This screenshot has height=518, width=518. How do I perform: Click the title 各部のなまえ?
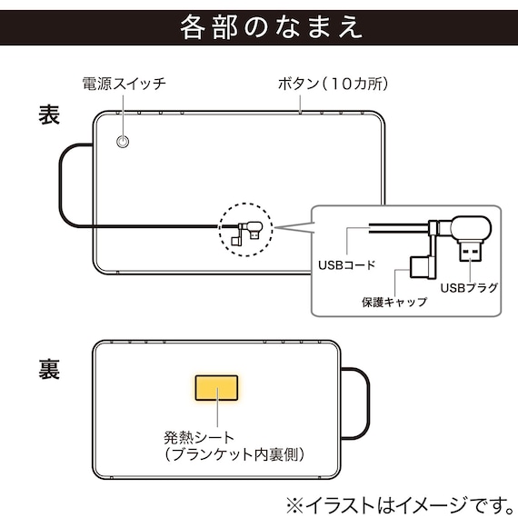click(x=259, y=25)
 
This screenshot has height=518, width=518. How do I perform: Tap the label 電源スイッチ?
click(x=124, y=85)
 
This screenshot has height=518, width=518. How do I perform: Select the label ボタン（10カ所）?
click(x=333, y=85)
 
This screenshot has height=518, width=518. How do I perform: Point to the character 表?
click(x=49, y=115)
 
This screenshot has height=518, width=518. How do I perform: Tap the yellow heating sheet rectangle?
click(x=215, y=388)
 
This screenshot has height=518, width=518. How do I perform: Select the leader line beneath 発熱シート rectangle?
click(x=215, y=416)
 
